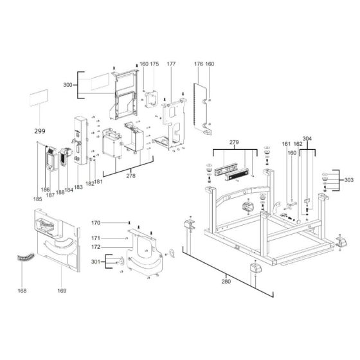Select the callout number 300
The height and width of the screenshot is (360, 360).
point(67,85)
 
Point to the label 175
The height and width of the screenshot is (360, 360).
point(154,64)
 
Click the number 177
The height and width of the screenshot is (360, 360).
point(171,64)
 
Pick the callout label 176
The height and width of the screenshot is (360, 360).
point(198,64)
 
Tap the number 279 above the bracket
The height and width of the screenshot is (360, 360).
point(234,141)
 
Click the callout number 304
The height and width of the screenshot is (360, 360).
point(307,139)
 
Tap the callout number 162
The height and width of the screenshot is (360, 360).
point(298,144)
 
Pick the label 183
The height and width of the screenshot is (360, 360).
point(78,187)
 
